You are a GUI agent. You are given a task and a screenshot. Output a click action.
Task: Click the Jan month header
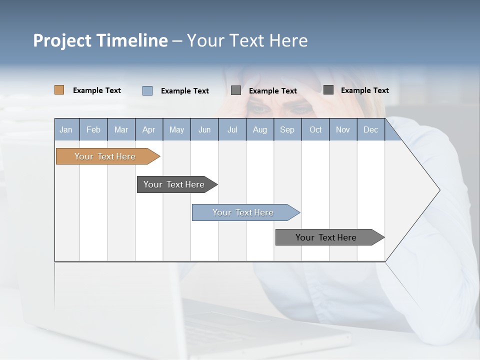[66, 130]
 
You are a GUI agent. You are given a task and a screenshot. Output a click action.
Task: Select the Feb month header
[93, 130]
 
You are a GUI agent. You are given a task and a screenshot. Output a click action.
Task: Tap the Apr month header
[148, 130]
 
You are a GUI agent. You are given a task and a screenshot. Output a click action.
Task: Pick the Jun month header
[204, 130]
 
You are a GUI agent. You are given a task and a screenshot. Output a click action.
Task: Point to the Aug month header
[260, 130]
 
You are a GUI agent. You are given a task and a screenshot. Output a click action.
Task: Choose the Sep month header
[287, 130]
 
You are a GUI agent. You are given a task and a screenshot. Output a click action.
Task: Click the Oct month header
[315, 130]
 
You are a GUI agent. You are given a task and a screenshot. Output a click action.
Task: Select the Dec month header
[371, 130]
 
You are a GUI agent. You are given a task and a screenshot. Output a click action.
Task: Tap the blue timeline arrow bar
[244, 212]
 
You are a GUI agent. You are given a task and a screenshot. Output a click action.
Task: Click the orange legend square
[59, 90]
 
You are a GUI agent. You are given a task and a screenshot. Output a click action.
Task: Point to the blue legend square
[147, 90]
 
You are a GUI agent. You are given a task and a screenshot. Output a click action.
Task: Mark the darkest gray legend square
[328, 90]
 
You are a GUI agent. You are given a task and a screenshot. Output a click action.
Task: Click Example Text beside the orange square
[97, 90]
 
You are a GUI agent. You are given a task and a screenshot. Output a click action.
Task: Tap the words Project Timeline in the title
[100, 40]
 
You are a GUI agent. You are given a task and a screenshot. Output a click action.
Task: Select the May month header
[176, 130]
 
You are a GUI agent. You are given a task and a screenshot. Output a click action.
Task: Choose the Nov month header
[343, 130]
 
